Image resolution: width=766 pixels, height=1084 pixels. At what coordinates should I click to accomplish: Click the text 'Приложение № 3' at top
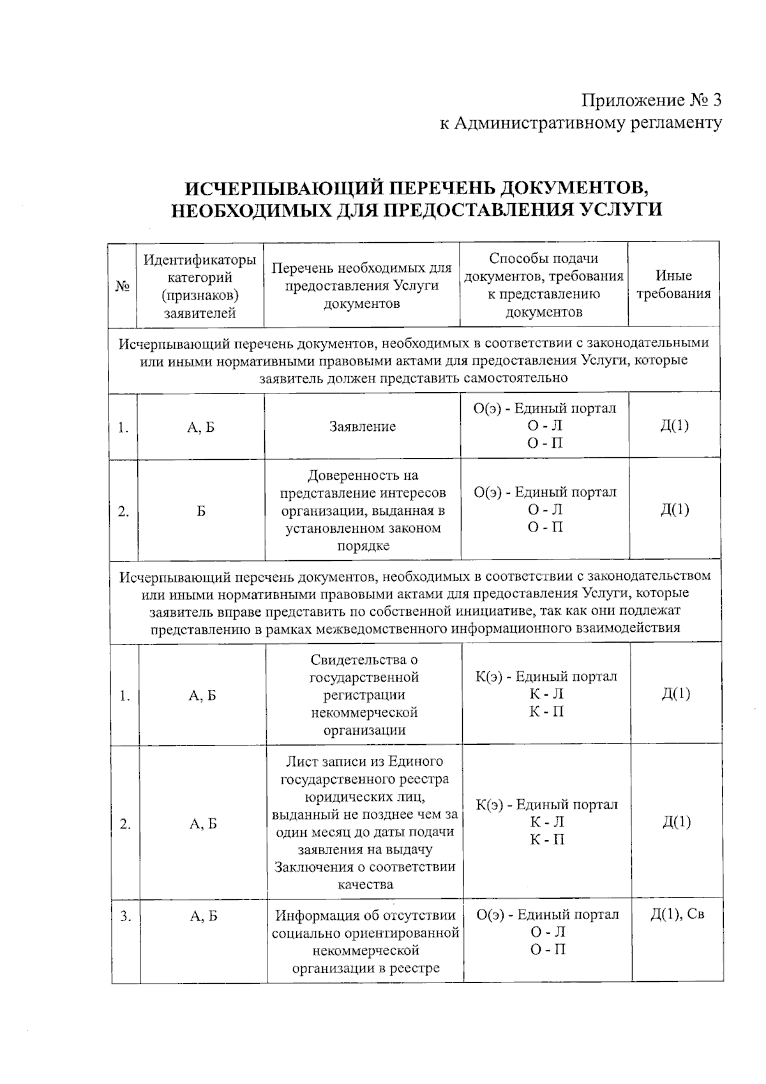pyautogui.click(x=651, y=100)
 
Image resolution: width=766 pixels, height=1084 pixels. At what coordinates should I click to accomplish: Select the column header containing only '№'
pyautogui.click(x=123, y=286)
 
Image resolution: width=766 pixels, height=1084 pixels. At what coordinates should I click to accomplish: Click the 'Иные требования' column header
pyautogui.click(x=673, y=285)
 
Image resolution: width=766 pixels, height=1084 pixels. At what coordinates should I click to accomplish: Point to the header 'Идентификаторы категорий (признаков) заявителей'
pyautogui.click(x=200, y=286)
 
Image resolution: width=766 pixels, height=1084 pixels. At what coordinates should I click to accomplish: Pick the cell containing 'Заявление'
pyautogui.click(x=363, y=427)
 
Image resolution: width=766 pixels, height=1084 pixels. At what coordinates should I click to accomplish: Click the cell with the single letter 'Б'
pyautogui.click(x=201, y=511)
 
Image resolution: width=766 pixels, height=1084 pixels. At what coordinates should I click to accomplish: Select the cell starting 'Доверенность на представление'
pyautogui.click(x=363, y=510)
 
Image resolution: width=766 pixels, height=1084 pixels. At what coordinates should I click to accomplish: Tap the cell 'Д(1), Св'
pyautogui.click(x=677, y=915)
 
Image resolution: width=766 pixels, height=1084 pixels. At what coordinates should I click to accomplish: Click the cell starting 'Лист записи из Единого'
pyautogui.click(x=364, y=823)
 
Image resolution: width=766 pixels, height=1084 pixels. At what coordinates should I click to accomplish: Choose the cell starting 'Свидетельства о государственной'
pyautogui.click(x=364, y=695)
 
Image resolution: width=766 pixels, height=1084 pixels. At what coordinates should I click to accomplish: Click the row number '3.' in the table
pyautogui.click(x=125, y=916)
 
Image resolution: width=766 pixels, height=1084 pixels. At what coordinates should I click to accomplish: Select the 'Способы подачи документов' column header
pyautogui.click(x=544, y=285)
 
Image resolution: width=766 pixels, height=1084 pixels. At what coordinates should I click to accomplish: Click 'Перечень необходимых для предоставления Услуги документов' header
pyautogui.click(x=362, y=286)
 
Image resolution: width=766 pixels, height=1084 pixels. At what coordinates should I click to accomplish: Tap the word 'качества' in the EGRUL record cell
pyautogui.click(x=365, y=885)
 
